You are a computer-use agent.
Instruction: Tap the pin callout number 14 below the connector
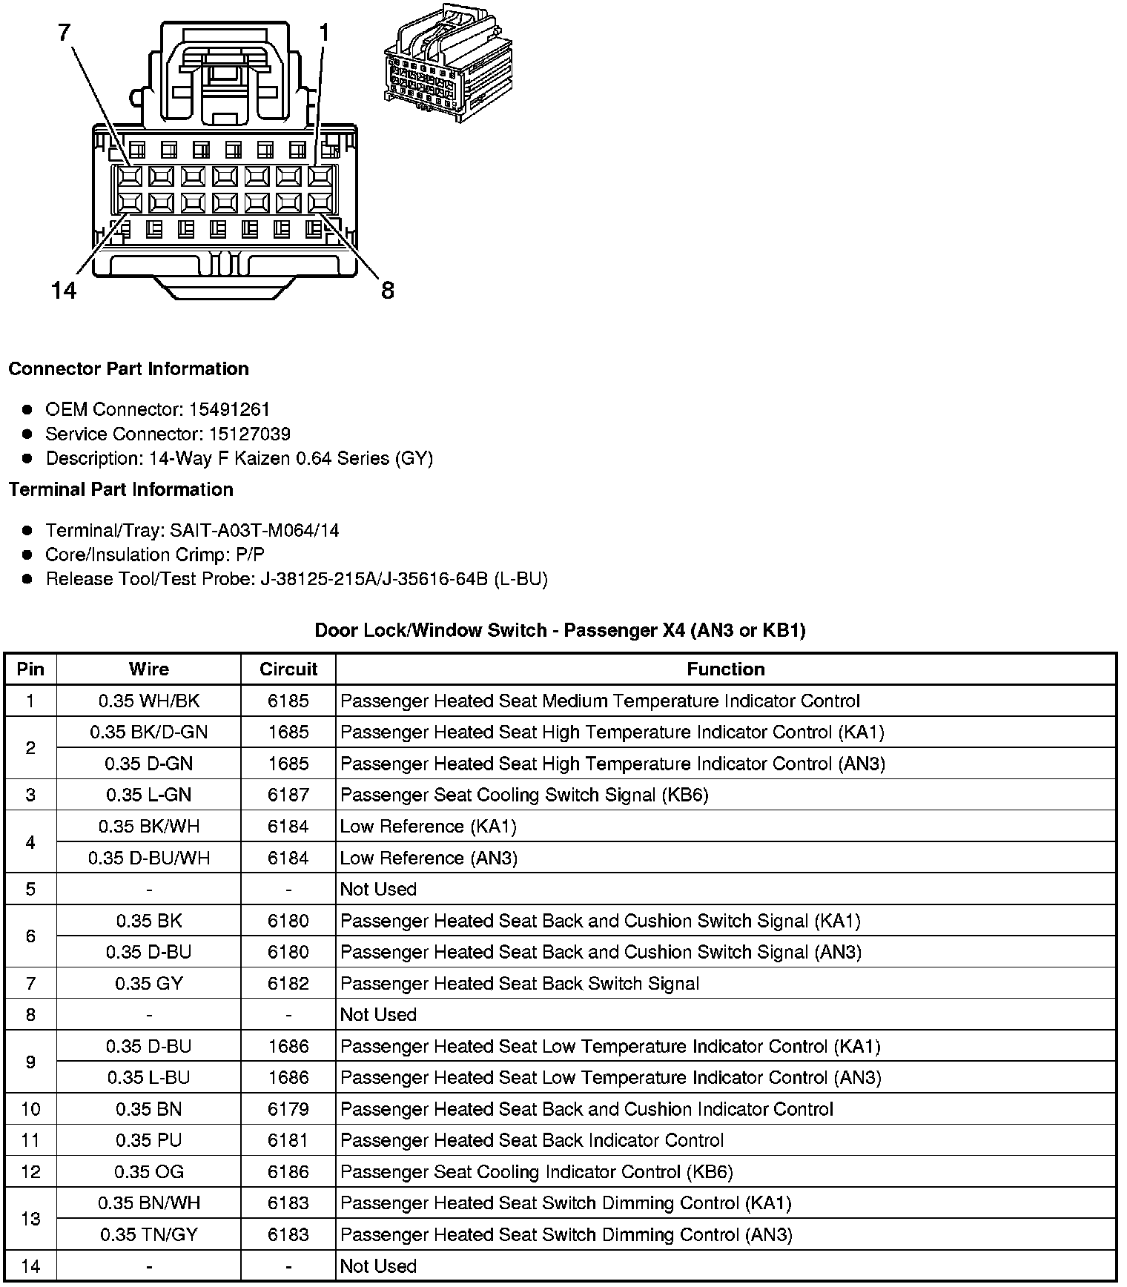click(x=65, y=290)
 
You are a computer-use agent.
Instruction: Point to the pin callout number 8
click(x=388, y=290)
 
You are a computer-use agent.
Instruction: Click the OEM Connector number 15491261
click(x=229, y=409)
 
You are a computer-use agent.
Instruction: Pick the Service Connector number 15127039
click(x=239, y=434)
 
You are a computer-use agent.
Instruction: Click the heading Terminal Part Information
click(x=121, y=489)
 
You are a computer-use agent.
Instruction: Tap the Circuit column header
click(x=288, y=669)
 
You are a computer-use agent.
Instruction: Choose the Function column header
click(x=725, y=669)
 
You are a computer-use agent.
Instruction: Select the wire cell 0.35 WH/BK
click(x=149, y=701)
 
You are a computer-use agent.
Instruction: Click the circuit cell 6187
click(x=288, y=795)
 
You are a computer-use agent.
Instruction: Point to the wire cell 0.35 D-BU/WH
click(x=149, y=858)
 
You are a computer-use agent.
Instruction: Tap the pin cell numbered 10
click(x=30, y=1109)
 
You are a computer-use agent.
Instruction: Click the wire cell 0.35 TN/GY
click(x=149, y=1234)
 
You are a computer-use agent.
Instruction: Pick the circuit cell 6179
click(x=288, y=1109)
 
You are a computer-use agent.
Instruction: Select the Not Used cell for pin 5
click(x=378, y=889)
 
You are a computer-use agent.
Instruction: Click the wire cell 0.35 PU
click(x=149, y=1140)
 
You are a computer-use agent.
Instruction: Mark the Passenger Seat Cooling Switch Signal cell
click(x=524, y=795)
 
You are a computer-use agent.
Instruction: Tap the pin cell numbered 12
click(x=30, y=1171)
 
